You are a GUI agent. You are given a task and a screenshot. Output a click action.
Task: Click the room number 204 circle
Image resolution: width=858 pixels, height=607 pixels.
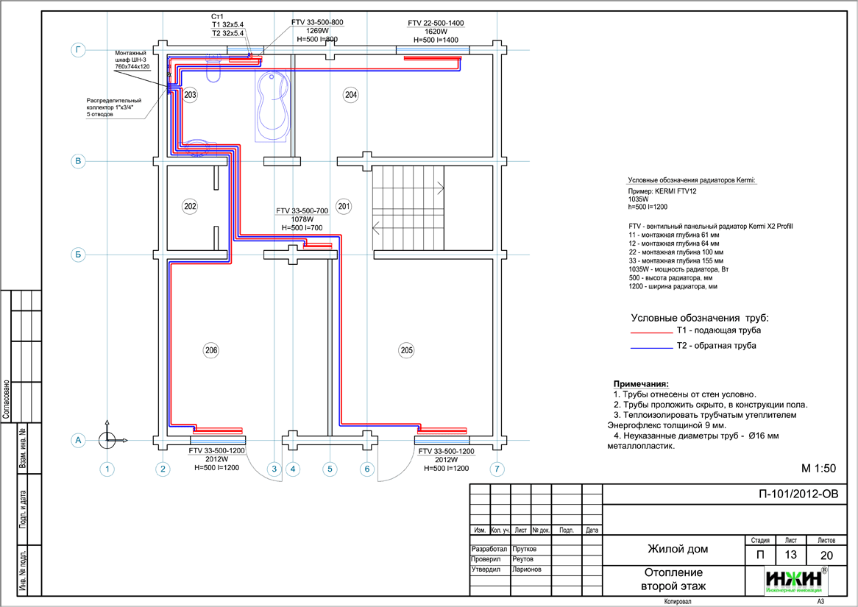tap(351, 95)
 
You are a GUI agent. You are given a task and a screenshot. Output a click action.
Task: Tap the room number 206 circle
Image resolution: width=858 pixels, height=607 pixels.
tap(211, 351)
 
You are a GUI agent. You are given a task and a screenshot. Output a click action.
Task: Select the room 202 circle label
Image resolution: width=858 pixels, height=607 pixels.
tap(191, 207)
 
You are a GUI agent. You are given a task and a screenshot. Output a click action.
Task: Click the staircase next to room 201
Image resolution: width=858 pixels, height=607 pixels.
tap(408, 208)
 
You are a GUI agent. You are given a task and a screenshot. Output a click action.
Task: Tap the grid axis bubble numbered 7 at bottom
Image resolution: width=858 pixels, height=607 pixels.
tap(498, 468)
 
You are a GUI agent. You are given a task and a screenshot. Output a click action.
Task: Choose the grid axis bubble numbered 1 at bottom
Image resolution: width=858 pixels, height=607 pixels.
tap(107, 468)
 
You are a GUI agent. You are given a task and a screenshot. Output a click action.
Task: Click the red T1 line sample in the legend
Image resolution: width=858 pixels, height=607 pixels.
tap(652, 332)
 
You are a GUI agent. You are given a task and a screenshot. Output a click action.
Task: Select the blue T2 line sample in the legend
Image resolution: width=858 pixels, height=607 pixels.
tap(652, 347)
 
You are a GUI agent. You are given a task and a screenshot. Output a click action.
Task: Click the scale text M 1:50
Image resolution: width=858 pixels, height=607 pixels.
tap(818, 468)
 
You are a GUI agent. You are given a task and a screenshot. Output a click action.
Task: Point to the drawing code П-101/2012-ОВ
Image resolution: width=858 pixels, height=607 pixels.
tap(798, 494)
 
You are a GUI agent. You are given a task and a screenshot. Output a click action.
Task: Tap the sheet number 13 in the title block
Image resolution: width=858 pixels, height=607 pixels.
tap(791, 555)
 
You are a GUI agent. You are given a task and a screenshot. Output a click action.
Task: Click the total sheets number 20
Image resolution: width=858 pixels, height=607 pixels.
tap(826, 555)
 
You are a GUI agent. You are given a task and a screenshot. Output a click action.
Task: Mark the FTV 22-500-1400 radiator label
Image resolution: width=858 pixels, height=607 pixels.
tap(436, 24)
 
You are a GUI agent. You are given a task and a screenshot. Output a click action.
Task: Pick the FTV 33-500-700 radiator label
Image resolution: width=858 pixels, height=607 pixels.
tap(302, 210)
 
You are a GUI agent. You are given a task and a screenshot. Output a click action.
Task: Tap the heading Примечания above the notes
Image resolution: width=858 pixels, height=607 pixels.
tap(641, 384)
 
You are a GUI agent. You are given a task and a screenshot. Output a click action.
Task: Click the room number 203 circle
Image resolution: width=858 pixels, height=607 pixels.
tap(191, 95)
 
